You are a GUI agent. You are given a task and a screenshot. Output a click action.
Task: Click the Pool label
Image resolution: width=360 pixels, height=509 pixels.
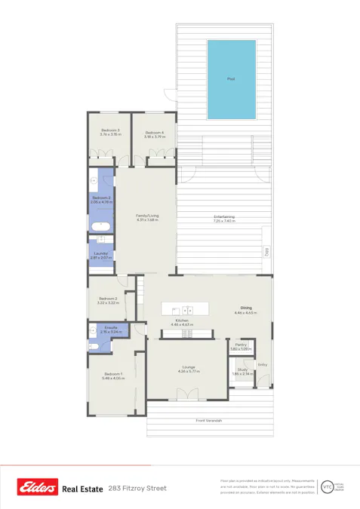(231, 78)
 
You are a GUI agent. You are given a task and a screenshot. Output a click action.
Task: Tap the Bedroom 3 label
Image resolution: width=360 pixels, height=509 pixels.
(110, 130)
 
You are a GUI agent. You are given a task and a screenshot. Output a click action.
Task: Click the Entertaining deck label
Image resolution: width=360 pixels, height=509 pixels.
(223, 217)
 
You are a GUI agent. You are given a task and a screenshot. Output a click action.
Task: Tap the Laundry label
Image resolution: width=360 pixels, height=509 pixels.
(100, 253)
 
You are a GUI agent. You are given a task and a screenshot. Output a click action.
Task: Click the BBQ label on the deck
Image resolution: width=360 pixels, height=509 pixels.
(266, 251)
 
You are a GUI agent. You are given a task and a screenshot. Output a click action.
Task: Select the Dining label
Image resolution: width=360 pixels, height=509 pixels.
(246, 308)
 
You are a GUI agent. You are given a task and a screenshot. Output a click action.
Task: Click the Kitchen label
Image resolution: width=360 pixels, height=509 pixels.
(181, 320)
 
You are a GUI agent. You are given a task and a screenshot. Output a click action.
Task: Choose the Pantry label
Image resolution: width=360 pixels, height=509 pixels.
(240, 345)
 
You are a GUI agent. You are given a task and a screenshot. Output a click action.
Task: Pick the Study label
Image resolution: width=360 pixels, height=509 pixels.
(240, 369)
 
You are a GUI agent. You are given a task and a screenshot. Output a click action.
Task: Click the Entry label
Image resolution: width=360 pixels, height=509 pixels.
(262, 365)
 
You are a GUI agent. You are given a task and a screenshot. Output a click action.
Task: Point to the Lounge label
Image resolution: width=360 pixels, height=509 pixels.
(187, 367)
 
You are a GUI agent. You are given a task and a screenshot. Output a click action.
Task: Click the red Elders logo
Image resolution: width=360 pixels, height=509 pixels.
(38, 489)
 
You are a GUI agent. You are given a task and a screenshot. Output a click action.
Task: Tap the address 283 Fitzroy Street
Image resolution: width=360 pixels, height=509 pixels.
(137, 489)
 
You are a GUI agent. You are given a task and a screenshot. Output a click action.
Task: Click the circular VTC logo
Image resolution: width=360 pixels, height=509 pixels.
(327, 487)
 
